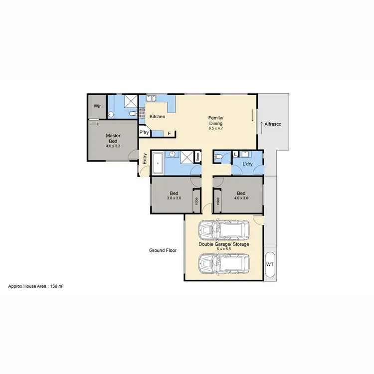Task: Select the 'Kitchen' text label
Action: point(157,117)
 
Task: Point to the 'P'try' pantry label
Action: point(144,132)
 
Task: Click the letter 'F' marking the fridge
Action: point(169,133)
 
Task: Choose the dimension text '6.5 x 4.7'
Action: point(215,128)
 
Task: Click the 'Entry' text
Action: point(145,159)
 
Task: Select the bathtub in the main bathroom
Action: point(158,163)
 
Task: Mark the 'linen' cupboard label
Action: point(198,157)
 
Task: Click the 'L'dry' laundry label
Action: point(247,164)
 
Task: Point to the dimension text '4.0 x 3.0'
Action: point(241,198)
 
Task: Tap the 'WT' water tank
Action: point(270,263)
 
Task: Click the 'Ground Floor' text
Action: point(163,250)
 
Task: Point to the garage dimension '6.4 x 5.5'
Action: point(224,249)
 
